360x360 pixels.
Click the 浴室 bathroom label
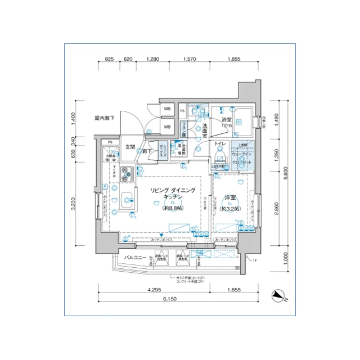(227, 120)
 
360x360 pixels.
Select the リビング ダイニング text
(173, 191)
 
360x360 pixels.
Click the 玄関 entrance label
(130, 147)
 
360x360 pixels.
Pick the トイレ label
(220, 145)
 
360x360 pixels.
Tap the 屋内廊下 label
(105, 118)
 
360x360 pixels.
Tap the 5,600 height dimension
(286, 172)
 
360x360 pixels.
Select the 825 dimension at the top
(109, 59)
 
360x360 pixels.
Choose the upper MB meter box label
(167, 109)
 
